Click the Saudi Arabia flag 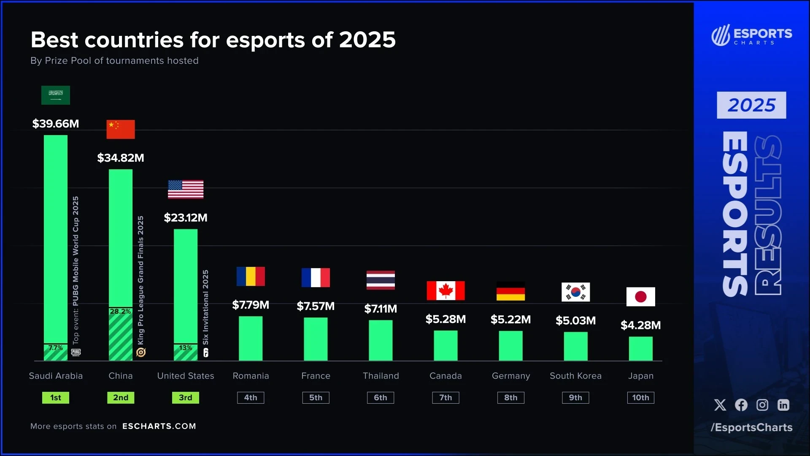(x=56, y=95)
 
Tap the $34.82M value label (x=121, y=158)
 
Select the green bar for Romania (x=251, y=338)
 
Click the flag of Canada (x=445, y=290)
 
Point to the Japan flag (x=640, y=296)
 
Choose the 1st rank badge (x=56, y=398)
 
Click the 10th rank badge (x=640, y=398)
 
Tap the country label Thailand (x=381, y=376)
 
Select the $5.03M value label (x=575, y=320)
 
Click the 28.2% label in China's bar (x=120, y=312)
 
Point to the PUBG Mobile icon (x=76, y=352)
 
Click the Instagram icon (x=762, y=405)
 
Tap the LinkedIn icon (x=783, y=405)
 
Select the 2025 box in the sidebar (x=751, y=105)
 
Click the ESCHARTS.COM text (x=159, y=426)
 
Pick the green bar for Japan (x=640, y=348)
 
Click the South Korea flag (x=575, y=292)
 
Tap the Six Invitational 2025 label (x=205, y=307)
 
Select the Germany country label (x=510, y=376)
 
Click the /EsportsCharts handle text (x=751, y=427)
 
